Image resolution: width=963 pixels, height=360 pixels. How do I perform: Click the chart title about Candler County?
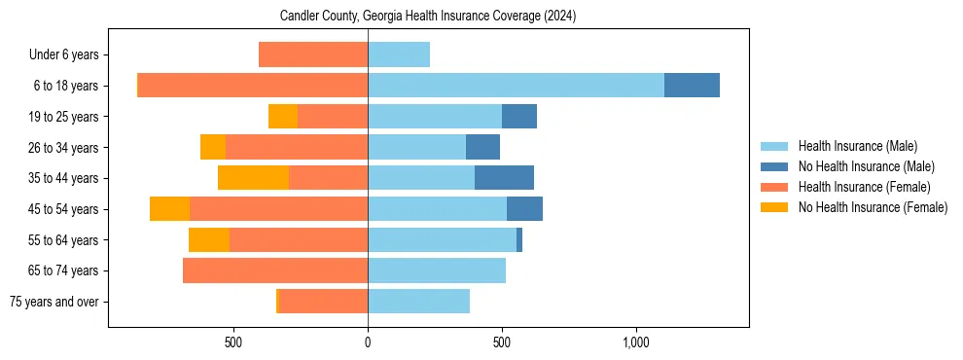click(x=428, y=17)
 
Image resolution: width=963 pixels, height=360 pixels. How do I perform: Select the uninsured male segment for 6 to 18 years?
click(x=692, y=86)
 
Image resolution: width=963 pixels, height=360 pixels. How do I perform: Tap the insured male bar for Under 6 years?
click(x=399, y=54)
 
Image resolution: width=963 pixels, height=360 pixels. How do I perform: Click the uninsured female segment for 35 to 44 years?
click(x=253, y=178)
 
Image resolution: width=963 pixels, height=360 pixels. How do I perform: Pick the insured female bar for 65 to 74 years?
click(x=275, y=270)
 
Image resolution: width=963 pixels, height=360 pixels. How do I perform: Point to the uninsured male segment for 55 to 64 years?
click(x=519, y=239)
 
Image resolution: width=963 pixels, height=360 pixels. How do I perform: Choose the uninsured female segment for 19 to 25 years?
click(x=283, y=117)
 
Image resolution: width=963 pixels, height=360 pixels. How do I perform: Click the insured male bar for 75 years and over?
click(x=418, y=302)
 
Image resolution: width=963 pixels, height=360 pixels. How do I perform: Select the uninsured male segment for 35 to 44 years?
click(x=504, y=178)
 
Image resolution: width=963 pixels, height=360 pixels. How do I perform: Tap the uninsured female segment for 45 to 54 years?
click(x=169, y=209)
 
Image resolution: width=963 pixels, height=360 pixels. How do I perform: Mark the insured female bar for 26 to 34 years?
click(x=297, y=147)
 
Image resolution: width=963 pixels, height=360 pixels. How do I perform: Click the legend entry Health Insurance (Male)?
click(x=857, y=146)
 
